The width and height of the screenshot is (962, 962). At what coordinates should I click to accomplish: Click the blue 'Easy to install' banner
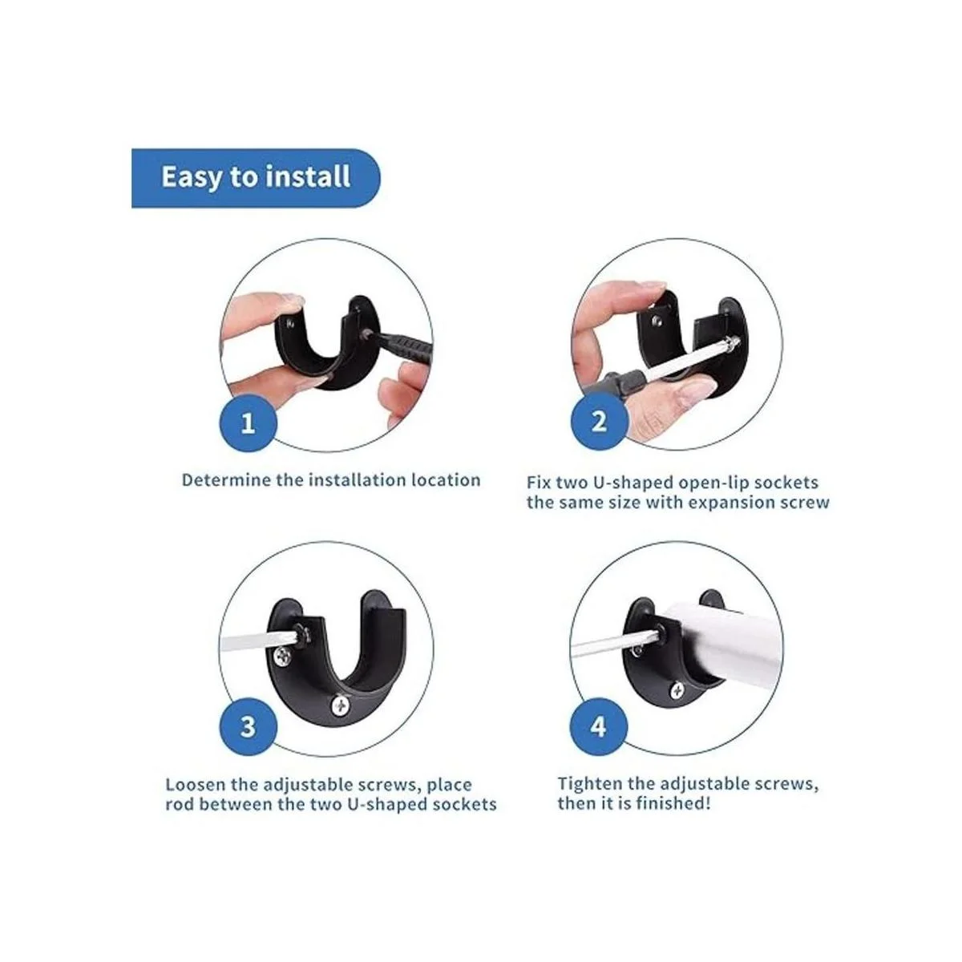click(x=255, y=178)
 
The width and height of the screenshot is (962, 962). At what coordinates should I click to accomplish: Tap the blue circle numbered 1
click(x=248, y=422)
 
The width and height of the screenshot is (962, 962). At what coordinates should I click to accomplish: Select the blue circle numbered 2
click(x=599, y=422)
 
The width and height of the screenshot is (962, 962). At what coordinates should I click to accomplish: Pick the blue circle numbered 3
click(x=248, y=727)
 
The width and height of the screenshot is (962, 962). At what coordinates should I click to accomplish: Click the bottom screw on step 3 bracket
click(x=342, y=705)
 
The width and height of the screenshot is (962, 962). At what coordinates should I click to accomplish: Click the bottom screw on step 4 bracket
click(x=677, y=691)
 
